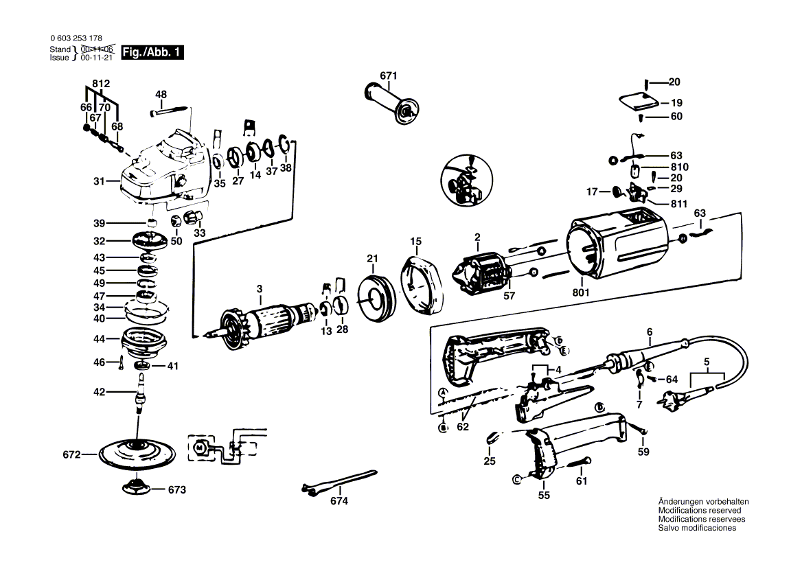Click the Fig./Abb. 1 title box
pyautogui.click(x=152, y=52)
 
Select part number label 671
pyautogui.click(x=389, y=76)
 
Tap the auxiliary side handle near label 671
pyautogui.click(x=391, y=103)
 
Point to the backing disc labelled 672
pyautogui.click(x=137, y=453)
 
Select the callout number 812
pyautogui.click(x=101, y=83)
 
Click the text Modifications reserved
pyautogui.click(x=699, y=510)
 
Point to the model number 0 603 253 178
pyautogui.click(x=76, y=38)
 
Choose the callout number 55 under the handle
pyautogui.click(x=544, y=495)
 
